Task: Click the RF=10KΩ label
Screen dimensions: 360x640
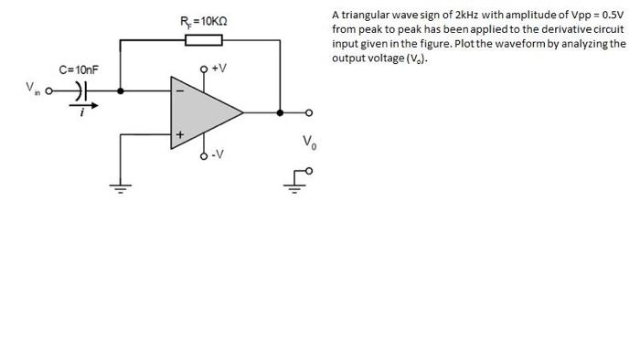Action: click(203, 20)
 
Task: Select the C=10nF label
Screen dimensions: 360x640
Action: click(79, 69)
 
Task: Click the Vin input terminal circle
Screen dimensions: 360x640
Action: click(51, 90)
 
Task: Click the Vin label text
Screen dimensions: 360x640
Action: click(33, 88)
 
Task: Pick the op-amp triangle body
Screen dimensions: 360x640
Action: click(201, 112)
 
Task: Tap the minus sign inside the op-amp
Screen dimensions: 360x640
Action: click(179, 91)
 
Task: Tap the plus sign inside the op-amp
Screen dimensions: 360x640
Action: click(179, 135)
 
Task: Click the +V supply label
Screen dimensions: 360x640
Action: click(219, 69)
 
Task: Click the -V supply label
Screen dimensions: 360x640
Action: click(217, 154)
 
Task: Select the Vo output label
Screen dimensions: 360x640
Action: click(309, 143)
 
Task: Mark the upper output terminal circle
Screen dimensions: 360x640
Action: click(309, 113)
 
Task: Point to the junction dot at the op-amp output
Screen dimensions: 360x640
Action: click(281, 113)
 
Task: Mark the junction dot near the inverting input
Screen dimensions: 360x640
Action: click(122, 90)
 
